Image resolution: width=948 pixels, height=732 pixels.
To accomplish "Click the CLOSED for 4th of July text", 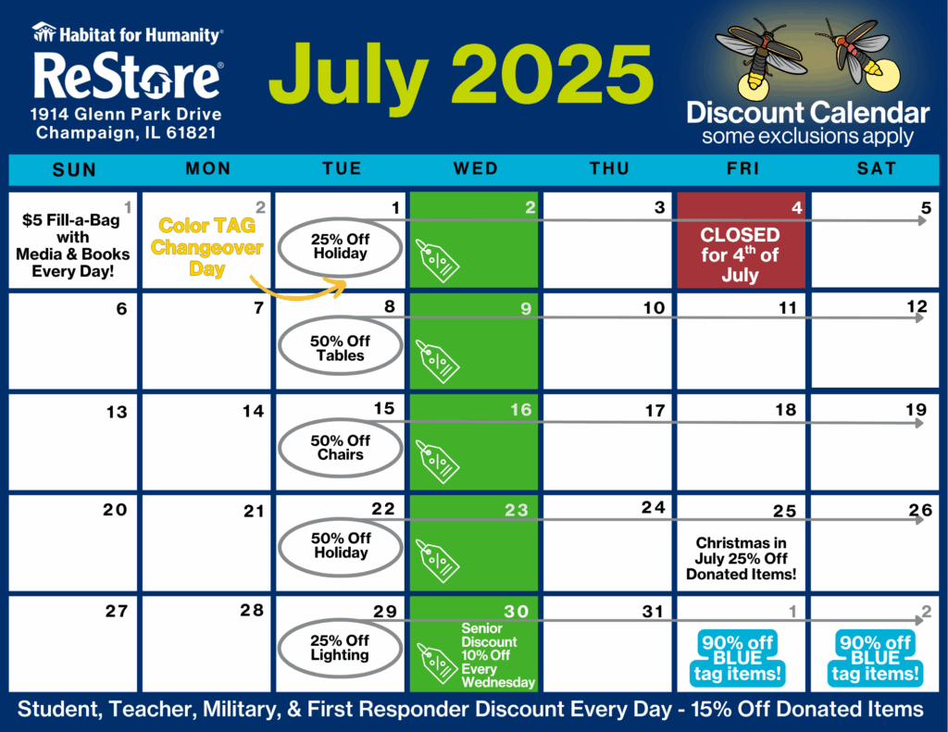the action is click(x=740, y=254).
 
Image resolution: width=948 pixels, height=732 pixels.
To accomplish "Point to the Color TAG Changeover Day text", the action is click(x=206, y=246).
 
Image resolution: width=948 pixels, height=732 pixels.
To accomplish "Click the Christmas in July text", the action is click(x=742, y=551).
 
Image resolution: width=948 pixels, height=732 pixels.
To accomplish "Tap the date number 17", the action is click(x=655, y=411).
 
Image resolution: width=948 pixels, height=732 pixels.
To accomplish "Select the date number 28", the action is click(x=252, y=610).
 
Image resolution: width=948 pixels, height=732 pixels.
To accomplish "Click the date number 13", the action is click(x=117, y=412).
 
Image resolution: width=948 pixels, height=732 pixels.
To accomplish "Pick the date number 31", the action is click(x=653, y=612).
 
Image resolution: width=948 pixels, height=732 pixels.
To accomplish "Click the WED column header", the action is click(x=476, y=168).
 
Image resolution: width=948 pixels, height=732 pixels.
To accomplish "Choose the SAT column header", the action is click(x=876, y=168).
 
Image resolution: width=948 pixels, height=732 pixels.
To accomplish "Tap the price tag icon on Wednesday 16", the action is click(x=437, y=462).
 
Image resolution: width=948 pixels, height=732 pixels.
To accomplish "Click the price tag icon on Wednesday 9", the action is click(x=437, y=361).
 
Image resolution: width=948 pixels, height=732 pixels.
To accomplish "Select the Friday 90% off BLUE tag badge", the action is click(x=738, y=658).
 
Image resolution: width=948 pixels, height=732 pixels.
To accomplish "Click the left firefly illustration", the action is click(x=759, y=56).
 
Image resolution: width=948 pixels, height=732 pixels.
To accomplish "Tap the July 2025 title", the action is click(x=461, y=76).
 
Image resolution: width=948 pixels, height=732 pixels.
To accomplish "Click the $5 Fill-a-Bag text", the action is click(x=70, y=220).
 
